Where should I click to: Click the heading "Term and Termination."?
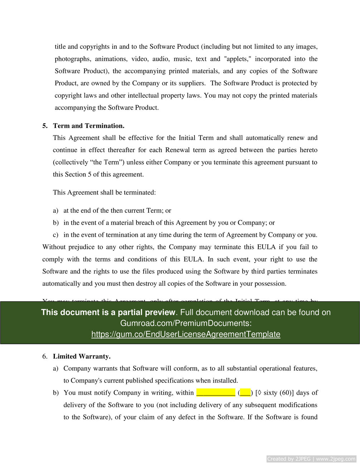pyautogui.click(x=88, y=126)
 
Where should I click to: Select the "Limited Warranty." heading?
pyautogui.click(x=82, y=356)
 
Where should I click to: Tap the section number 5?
pyautogui.click(x=45, y=126)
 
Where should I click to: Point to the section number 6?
pyautogui.click(x=45, y=356)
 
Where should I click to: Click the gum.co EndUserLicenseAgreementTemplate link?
pyautogui.click(x=186, y=334)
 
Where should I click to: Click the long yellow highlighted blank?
pyautogui.click(x=216, y=393)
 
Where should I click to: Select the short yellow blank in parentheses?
pyautogui.click(x=245, y=393)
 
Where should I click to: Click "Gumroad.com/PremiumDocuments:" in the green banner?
pyautogui.click(x=186, y=323)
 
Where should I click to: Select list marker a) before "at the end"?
pyautogui.click(x=56, y=211)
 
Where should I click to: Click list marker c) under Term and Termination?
pyautogui.click(x=56, y=235)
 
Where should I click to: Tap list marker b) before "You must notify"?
pyautogui.click(x=56, y=393)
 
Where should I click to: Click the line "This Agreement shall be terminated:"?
pyautogui.click(x=104, y=192)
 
